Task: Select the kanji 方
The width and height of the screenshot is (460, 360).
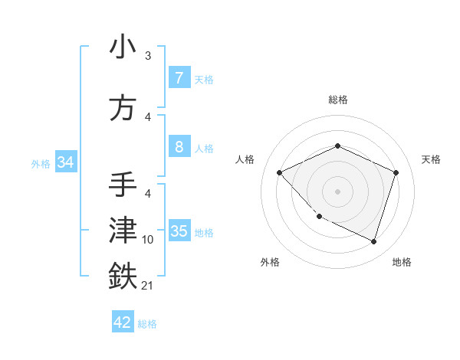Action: point(123,108)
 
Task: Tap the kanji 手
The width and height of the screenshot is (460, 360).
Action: point(123,186)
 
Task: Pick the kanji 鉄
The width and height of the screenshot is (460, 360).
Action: point(123,276)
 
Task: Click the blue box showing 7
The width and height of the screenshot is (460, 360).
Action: point(179,78)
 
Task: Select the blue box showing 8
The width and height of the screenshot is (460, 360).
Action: point(179,147)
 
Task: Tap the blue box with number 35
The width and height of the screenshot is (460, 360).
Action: point(179,232)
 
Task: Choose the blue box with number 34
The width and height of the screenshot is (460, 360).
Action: point(65,162)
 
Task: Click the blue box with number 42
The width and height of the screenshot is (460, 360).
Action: point(123,322)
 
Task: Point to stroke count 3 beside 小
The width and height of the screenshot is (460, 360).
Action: point(148,56)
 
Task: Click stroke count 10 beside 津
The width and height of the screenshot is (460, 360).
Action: point(148,240)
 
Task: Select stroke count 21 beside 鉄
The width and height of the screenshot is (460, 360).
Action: point(148,286)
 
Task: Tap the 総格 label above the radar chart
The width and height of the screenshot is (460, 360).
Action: point(337,100)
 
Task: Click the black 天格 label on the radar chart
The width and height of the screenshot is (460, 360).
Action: point(432,159)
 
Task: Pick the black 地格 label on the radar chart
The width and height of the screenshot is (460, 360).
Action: point(402,263)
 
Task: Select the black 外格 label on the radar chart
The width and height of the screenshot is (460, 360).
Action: point(270,263)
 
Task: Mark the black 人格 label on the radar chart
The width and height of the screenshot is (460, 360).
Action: point(245,159)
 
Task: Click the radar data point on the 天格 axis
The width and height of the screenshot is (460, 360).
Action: point(396,172)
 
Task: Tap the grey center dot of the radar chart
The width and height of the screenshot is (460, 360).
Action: point(337,191)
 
